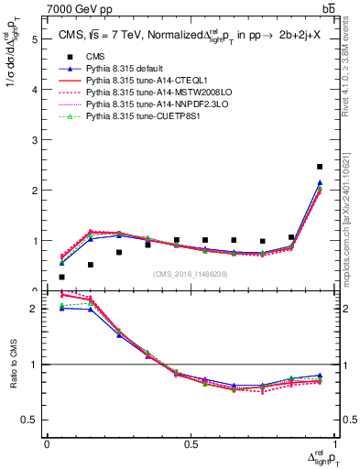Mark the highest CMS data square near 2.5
pos(319,167)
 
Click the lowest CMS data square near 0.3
pos(61,277)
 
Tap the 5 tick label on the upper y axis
pos(35,39)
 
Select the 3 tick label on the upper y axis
pos(35,140)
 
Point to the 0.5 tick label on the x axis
pos(190,443)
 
